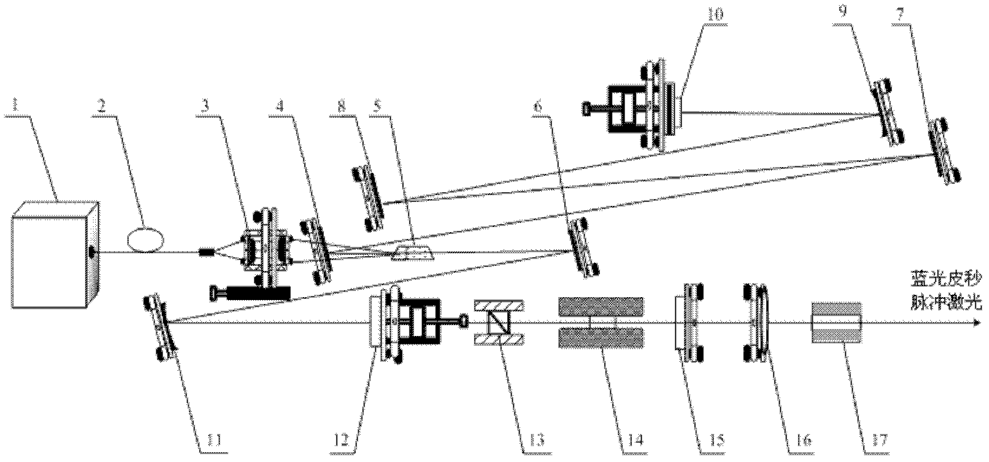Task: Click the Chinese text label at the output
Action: [x=947, y=291]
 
